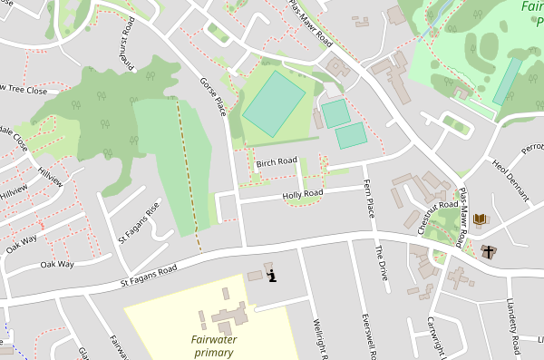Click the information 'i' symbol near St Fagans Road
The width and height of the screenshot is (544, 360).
[271, 274]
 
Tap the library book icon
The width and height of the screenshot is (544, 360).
[480, 219]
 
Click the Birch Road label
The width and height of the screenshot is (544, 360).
[277, 162]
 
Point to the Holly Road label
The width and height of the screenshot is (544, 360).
[303, 194]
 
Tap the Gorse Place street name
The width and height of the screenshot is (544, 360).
[212, 96]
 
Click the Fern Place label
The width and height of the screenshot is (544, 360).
[369, 198]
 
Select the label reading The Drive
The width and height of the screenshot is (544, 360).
[382, 262]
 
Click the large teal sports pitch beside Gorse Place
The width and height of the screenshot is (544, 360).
[274, 104]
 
